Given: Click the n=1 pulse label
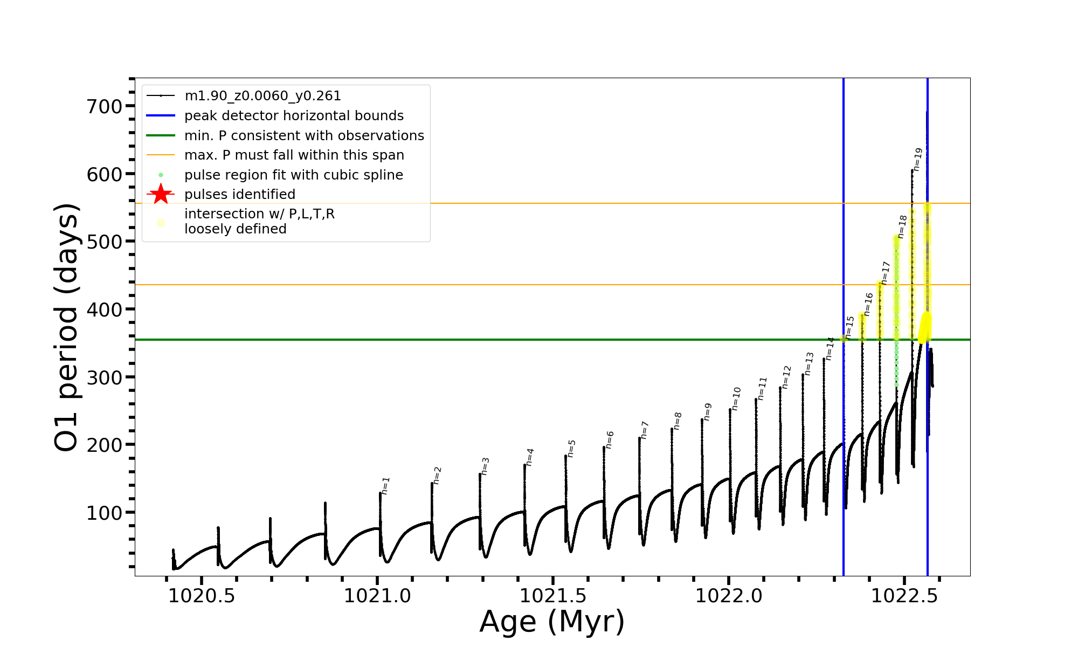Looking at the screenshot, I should point(385,485).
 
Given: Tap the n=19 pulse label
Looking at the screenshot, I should point(918,160).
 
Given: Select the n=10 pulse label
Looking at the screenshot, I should point(736,398).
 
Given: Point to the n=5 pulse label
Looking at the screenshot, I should point(571,448).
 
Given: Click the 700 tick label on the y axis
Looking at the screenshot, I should point(105,106).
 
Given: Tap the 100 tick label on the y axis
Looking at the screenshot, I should point(105,513).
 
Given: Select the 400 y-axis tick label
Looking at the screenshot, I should point(105,309).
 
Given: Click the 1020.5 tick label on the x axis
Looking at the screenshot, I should point(202,596).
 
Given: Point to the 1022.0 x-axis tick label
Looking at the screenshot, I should point(729,596).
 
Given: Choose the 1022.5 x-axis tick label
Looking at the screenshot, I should point(904,596).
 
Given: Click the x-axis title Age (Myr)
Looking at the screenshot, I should point(552,622).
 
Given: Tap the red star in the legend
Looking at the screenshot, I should point(161,194).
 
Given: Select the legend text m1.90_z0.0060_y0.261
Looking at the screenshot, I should point(262,96).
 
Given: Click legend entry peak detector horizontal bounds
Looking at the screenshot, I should point(294,116).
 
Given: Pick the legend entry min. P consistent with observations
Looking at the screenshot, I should point(304,135).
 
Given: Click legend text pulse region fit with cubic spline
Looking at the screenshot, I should point(293,175).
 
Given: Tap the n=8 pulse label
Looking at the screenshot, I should point(678,421).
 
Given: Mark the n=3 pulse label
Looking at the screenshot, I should point(485,466).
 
